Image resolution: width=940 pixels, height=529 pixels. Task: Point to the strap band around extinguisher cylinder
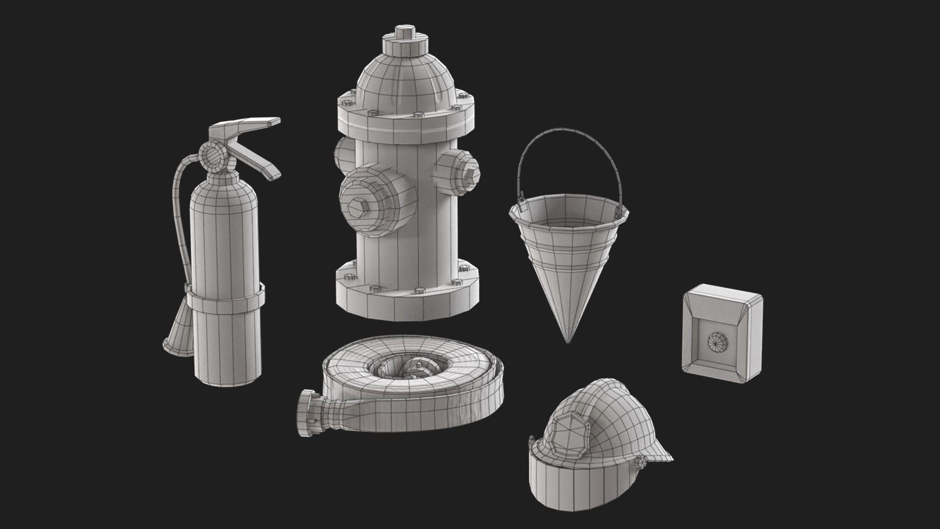225,299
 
